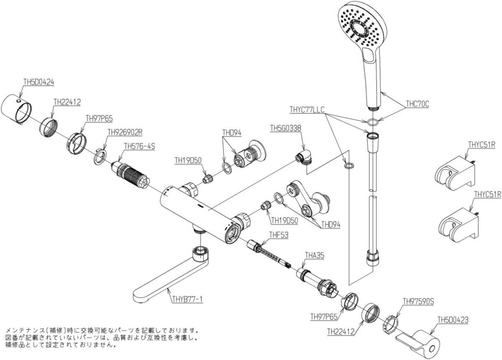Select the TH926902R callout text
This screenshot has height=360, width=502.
(125, 132)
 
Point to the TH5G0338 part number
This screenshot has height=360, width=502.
(286, 128)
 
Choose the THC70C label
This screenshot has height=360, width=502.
(417, 105)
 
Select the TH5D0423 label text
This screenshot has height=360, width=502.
(453, 320)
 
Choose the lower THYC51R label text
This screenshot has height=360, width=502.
(487, 194)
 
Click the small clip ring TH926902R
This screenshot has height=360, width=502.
(100, 156)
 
